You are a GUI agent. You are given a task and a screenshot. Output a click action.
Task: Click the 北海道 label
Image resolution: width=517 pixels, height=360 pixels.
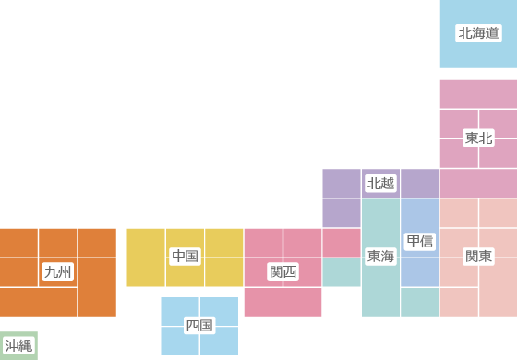pos(478,33)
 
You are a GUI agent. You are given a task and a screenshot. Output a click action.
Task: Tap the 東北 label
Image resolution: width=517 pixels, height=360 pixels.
pos(478,138)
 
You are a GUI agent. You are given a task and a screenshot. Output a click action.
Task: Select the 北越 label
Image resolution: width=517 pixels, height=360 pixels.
pos(380,183)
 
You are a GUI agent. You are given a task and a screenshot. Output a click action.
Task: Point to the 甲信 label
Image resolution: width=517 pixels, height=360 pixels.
pos(420,241)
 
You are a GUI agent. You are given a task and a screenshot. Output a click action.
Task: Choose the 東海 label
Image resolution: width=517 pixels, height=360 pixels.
pos(380,256)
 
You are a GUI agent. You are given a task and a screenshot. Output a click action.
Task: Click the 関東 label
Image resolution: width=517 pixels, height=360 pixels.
pos(478,256)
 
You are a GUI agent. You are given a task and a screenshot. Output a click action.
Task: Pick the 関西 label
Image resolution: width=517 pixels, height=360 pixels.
pos(283,271)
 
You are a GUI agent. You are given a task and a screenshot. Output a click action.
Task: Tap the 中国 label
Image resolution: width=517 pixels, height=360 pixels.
pos(185,256)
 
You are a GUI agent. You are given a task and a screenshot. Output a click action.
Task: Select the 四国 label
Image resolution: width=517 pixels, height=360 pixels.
pos(199,325)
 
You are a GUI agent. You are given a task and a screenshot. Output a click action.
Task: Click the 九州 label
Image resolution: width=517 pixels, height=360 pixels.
pos(57,271)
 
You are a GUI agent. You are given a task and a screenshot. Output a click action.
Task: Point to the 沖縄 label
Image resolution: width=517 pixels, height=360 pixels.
pos(18,345)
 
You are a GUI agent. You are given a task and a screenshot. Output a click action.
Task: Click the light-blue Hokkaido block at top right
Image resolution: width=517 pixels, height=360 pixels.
pos(478,55)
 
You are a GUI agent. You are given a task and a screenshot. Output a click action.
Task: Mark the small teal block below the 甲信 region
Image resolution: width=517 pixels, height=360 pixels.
pos(420,302)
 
